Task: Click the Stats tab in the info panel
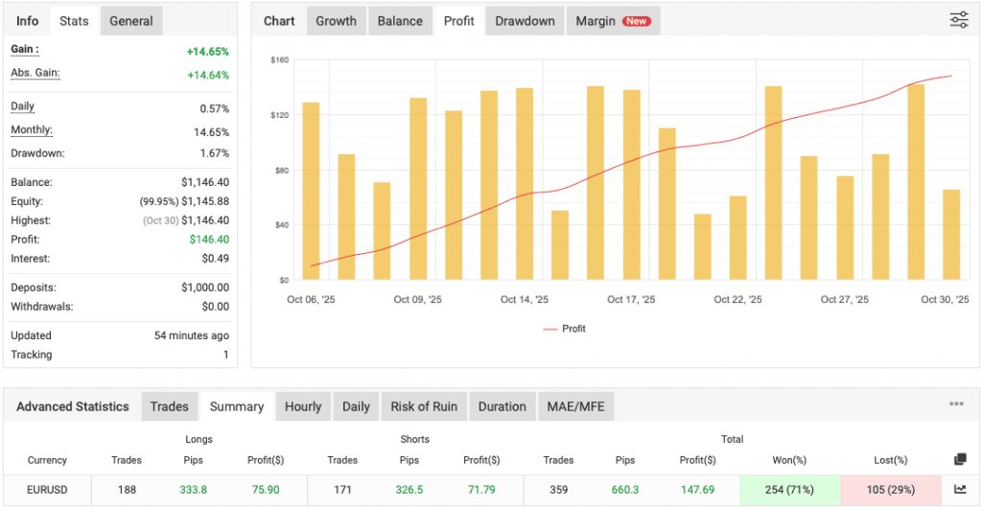click(74, 21)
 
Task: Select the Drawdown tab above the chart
click(525, 21)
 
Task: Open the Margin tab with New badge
click(613, 21)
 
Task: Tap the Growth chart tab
click(336, 21)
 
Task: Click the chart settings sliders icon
click(959, 20)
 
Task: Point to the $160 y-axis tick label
click(280, 59)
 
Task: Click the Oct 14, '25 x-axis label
click(524, 300)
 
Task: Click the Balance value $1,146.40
click(204, 182)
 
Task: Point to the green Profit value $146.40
click(208, 240)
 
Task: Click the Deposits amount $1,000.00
click(204, 288)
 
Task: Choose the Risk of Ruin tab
click(424, 406)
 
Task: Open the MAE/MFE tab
click(576, 406)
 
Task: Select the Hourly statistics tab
click(303, 406)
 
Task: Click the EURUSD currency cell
click(47, 490)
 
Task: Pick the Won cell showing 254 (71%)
click(789, 490)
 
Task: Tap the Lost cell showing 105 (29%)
click(891, 490)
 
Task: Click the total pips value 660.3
click(625, 490)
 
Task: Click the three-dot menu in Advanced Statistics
click(956, 404)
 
